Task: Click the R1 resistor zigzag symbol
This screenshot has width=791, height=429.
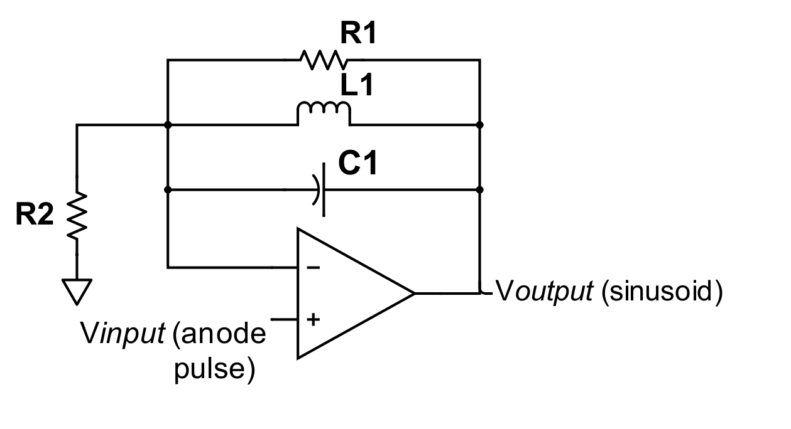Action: [323, 60]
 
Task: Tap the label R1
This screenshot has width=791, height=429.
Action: [357, 35]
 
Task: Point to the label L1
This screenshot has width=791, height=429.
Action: [356, 86]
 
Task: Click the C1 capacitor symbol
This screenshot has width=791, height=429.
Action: [319, 189]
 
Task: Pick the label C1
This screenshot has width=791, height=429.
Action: [357, 164]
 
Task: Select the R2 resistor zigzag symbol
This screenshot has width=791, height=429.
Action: [77, 215]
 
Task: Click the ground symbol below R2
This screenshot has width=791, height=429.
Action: [77, 290]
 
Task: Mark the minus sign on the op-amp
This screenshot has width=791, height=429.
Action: [312, 268]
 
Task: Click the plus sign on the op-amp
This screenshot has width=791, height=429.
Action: [312, 319]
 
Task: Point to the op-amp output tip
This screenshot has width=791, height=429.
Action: [413, 293]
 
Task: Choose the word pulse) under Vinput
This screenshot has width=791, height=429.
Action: [214, 369]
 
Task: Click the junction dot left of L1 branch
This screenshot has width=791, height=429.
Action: [168, 125]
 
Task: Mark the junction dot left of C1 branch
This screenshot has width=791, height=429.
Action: [168, 189]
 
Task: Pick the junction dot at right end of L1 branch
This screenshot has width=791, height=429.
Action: [480, 125]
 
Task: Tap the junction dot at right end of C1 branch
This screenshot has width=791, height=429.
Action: [480, 189]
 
